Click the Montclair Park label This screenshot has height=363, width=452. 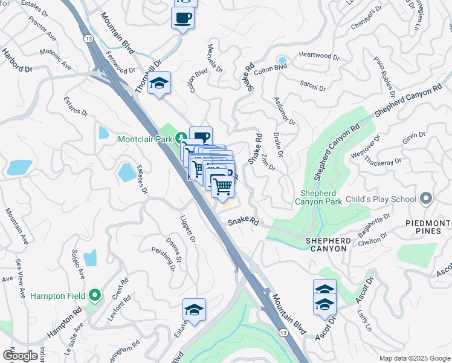pyautogui.click(x=144, y=139)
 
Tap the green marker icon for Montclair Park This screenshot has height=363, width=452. pyautogui.click(x=180, y=137)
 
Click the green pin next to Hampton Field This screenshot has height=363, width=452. pyautogui.click(x=94, y=295)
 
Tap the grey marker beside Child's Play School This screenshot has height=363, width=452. pyautogui.click(x=427, y=198)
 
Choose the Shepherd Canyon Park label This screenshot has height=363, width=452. pyautogui.click(x=318, y=197)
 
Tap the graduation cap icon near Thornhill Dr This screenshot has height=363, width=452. pyautogui.click(x=160, y=83)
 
